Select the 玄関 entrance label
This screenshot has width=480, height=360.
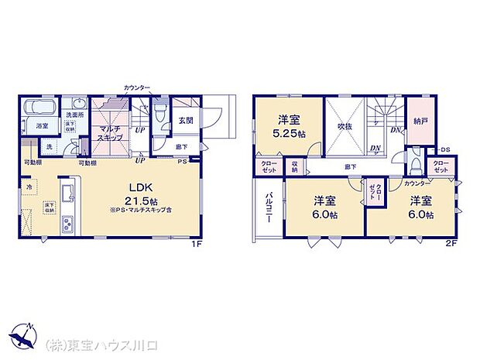(x=186, y=120)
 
